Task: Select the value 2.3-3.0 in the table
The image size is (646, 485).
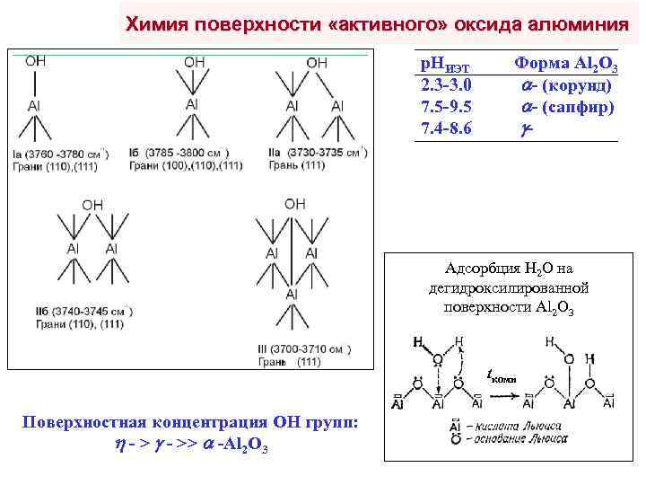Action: pos(447,86)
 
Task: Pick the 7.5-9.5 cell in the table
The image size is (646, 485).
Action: pos(447,107)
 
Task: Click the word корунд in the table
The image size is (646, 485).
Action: pos(579,86)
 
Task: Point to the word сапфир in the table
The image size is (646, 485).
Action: pos(579,107)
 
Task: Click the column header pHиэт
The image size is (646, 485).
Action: pos(446,66)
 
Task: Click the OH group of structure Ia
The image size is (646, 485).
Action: pos(35,61)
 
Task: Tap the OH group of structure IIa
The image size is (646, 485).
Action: pos(317,63)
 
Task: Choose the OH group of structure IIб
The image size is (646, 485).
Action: pos(92,205)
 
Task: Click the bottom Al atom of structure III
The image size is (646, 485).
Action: pos(292,295)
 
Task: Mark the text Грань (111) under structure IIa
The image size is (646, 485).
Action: pos(300,166)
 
